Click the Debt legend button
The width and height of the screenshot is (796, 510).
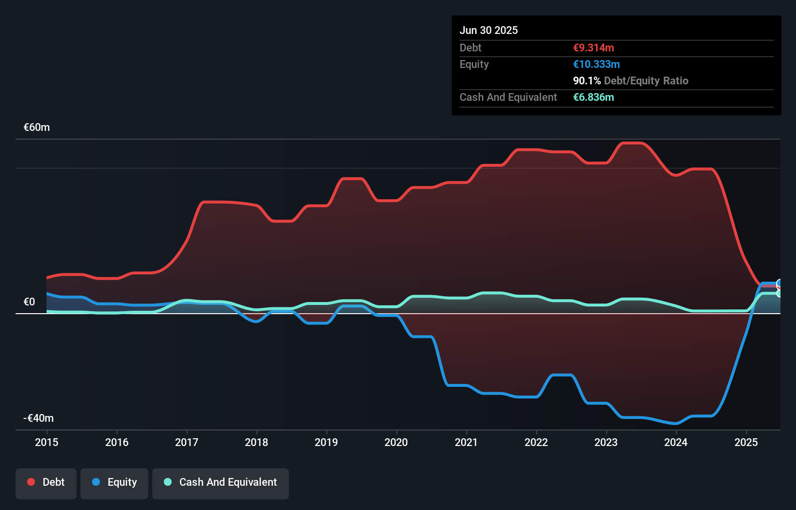pos(46,483)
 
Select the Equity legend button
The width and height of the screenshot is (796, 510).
pos(114,483)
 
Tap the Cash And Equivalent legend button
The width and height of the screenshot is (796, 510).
pos(221,483)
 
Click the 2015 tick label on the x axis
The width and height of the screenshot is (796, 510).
pos(47,442)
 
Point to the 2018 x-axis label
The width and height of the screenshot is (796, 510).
pos(256,442)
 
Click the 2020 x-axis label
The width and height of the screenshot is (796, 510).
pos(396,442)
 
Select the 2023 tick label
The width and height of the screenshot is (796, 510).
pos(606,442)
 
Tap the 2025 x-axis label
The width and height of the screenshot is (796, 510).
pos(746,442)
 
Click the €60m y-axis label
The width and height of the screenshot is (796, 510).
pos(37,127)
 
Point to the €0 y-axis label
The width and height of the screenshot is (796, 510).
pos(30,302)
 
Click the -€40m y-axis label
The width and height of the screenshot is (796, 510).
pos(39,418)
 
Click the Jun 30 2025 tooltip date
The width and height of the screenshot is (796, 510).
pos(489,30)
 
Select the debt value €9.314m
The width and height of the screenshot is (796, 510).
pos(593,48)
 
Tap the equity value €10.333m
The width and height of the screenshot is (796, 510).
pos(596,64)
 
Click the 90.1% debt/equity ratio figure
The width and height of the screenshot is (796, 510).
pos(587,80)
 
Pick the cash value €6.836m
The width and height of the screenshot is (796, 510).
pos(593,97)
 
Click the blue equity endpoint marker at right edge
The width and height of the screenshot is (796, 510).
pos(780,284)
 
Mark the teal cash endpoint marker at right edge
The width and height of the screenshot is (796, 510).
pos(780,293)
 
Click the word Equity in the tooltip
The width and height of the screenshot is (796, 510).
pos(474,64)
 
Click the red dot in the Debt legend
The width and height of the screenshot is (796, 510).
pos(31,482)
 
